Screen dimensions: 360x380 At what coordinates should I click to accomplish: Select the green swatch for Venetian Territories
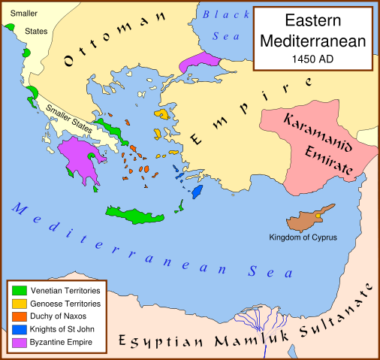pyautogui.click(x=20, y=289)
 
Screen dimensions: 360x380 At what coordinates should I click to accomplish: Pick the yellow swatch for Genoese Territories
pyautogui.click(x=20, y=303)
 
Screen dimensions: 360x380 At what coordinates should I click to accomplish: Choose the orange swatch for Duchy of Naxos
pyautogui.click(x=20, y=316)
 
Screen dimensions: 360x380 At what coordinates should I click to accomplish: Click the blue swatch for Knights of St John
pyautogui.click(x=20, y=330)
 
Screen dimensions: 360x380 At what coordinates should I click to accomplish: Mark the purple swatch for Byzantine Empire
pyautogui.click(x=20, y=343)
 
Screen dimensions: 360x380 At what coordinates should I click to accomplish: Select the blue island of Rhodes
pyautogui.click(x=198, y=192)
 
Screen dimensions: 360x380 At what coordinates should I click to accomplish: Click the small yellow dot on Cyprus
pyautogui.click(x=318, y=216)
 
